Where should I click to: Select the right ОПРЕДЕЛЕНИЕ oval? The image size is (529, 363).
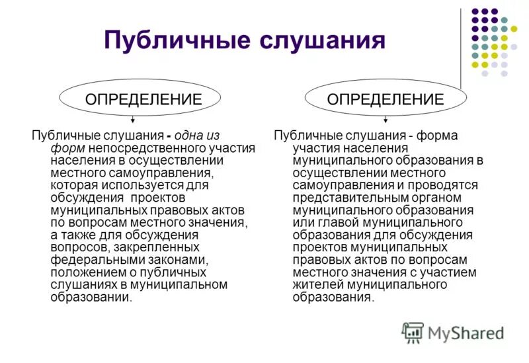386,99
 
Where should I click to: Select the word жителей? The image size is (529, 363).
315,284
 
